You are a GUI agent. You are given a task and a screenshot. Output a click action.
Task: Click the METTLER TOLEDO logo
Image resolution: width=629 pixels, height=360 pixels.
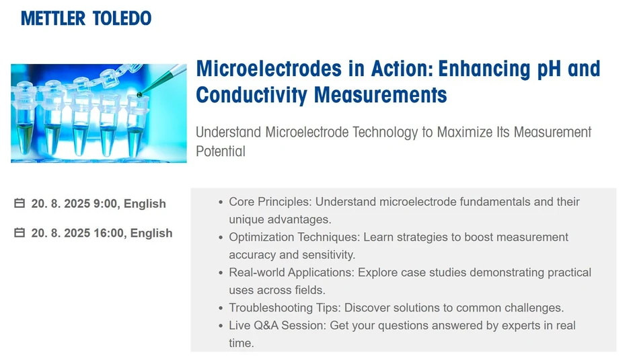[x=86, y=18]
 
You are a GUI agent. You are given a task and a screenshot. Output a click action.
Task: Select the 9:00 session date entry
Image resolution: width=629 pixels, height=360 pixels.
[x=98, y=203]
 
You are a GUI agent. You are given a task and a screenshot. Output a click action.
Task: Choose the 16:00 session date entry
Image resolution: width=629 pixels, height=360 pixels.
[x=102, y=233]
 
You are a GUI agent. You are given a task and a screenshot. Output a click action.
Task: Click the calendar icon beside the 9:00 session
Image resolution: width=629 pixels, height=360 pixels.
[x=20, y=203]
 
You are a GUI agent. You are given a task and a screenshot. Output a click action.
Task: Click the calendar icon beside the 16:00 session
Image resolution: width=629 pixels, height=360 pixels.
[x=20, y=233]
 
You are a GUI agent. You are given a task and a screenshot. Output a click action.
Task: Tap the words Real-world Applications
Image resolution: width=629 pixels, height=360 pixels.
[x=291, y=273]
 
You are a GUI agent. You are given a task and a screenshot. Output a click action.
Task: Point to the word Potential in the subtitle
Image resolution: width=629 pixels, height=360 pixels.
[x=221, y=151]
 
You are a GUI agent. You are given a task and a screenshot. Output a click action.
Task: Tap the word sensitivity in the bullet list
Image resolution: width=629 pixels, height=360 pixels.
[x=326, y=255]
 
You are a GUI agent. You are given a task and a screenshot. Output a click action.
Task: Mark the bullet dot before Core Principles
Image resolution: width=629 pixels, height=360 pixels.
[x=221, y=202]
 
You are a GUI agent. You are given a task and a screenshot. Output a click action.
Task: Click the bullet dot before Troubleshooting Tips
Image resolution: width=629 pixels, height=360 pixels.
[x=221, y=308]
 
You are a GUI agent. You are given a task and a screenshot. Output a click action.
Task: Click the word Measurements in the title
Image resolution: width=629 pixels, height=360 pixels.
[x=381, y=95]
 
